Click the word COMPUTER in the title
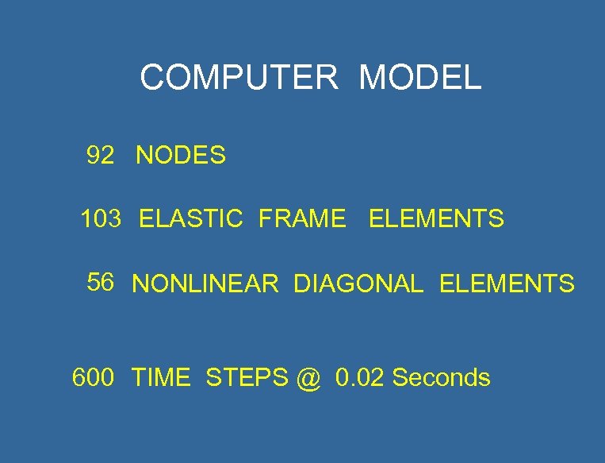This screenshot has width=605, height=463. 239,78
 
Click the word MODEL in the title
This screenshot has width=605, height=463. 419,78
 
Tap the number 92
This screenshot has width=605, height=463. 101,156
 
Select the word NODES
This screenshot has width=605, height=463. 181,156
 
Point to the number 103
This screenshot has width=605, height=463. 101,218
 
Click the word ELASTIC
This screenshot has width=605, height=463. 190,218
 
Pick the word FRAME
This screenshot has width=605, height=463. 302,218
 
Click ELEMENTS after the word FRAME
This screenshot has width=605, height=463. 436,218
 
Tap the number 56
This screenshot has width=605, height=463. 101,282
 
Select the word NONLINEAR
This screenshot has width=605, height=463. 205,284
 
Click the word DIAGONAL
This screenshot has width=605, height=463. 358,284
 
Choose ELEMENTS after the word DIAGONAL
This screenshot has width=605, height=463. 507,284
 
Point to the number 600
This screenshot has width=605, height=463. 93,377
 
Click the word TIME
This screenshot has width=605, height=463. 161,377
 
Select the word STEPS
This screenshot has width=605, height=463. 247,377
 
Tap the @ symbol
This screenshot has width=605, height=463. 309,379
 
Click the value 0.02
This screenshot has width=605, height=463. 361,377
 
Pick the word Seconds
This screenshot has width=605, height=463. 441,377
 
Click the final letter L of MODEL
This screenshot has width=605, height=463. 473,78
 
